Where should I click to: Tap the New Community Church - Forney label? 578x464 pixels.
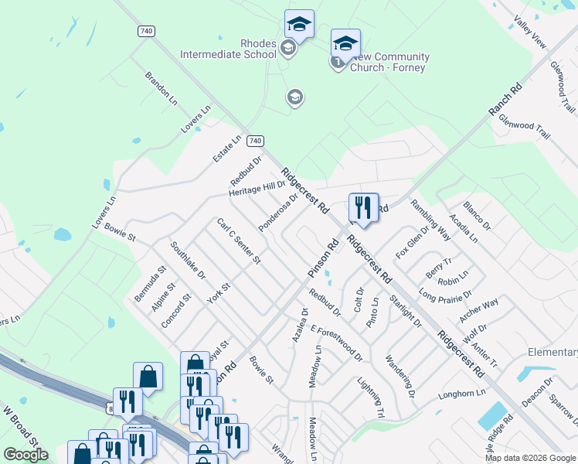pyautogui.click(x=389, y=62)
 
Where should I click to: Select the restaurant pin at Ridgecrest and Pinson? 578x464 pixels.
pyautogui.click(x=363, y=208)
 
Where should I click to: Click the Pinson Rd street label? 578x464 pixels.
pyautogui.click(x=324, y=259)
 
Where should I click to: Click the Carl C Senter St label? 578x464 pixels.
pyautogui.click(x=239, y=241)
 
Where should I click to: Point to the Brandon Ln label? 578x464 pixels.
pyautogui.click(x=161, y=88)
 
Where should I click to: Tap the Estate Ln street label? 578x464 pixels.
pyautogui.click(x=226, y=148)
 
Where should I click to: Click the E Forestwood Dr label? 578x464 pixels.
pyautogui.click(x=336, y=343)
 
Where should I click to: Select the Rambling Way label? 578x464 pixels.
pyautogui.click(x=430, y=220)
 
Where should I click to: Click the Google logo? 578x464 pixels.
pyautogui.click(x=25, y=455)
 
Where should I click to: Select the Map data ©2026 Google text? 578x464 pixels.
pyautogui.click(x=530, y=458)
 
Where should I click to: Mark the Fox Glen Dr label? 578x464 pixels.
pyautogui.click(x=412, y=241)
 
